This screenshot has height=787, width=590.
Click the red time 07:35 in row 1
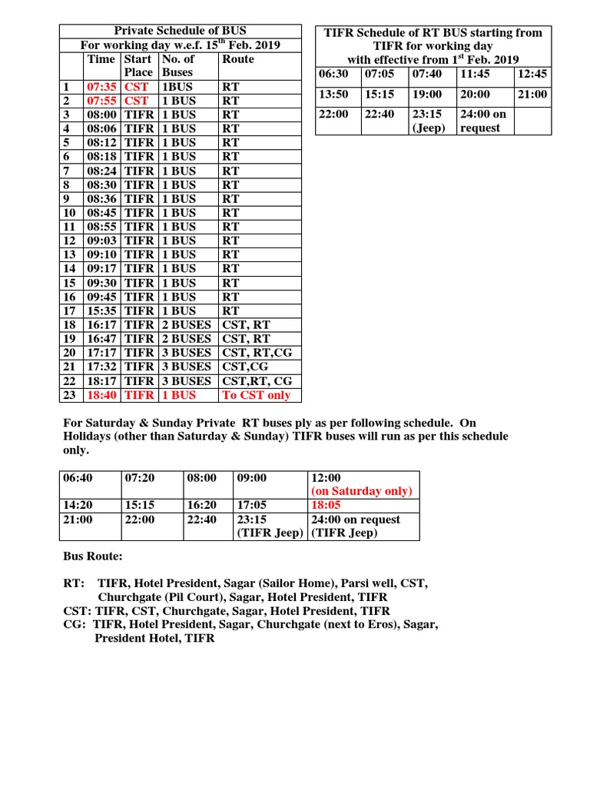coord(102,87)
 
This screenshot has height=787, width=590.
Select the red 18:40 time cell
coord(102,395)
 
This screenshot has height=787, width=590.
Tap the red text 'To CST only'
coord(256,395)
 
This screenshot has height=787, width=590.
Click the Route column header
coord(238,59)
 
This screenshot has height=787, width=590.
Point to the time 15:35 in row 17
coord(102,310)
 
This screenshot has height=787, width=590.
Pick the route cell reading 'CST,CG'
coord(242,367)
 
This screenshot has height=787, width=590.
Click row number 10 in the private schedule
coord(69,213)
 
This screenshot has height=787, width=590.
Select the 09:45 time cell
coord(102,297)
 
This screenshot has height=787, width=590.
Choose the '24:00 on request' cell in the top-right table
coord(483,121)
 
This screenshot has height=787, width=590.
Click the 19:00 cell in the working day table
coord(426,94)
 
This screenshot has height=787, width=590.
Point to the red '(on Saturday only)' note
coord(362,491)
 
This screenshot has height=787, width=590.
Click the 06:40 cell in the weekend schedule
coord(78,478)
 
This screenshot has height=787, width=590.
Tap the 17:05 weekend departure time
coord(253,506)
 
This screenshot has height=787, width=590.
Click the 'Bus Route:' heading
coord(92,555)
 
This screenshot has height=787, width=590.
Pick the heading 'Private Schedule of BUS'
coord(181,31)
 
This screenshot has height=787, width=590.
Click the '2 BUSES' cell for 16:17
coord(186,324)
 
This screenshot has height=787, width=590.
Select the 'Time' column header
coord(101,59)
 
